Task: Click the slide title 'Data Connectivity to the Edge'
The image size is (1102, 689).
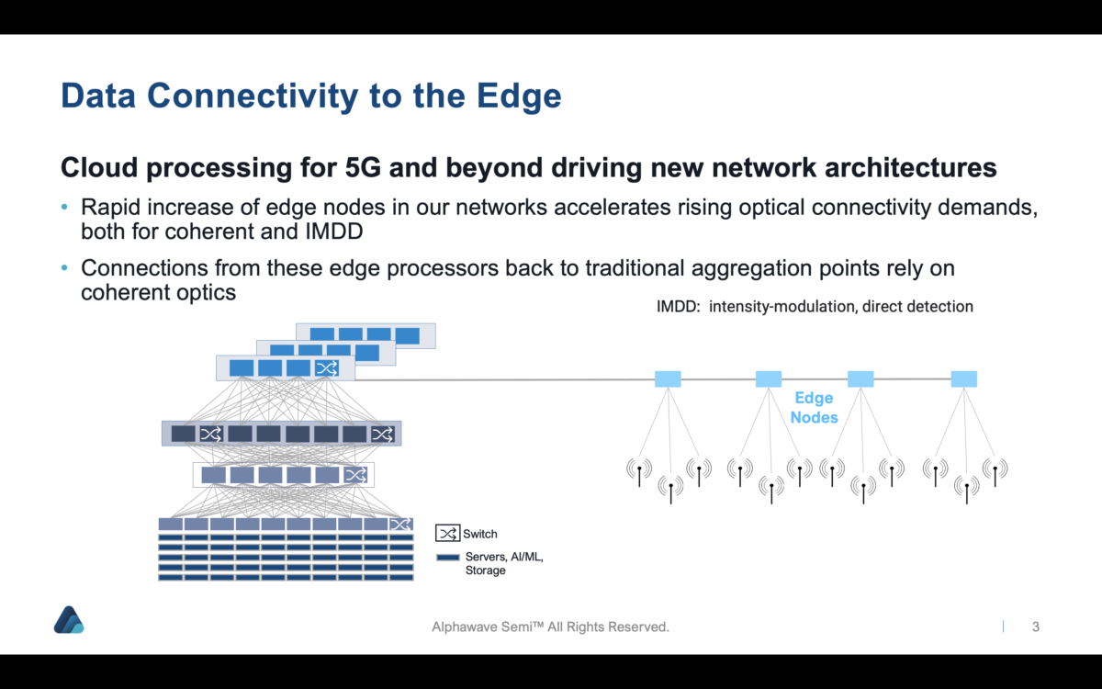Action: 310,96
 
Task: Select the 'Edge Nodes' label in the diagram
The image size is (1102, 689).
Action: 814,408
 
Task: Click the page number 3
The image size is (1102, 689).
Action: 1036,627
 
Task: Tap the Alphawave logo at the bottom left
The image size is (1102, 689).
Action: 69,620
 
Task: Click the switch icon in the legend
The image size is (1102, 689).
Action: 447,533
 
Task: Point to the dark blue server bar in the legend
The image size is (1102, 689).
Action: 447,557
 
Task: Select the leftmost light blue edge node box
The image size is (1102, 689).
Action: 668,378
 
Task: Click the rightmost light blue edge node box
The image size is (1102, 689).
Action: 963,378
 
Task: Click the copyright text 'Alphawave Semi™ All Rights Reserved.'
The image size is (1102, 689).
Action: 551,627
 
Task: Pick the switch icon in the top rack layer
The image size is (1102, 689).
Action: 326,368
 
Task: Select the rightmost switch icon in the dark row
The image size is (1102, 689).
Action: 382,434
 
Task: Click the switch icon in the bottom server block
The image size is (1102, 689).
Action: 400,525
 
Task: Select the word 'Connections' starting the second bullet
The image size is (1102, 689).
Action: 136,268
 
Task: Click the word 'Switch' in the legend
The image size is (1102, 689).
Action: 480,534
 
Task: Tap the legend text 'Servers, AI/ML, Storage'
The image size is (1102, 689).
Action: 503,563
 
